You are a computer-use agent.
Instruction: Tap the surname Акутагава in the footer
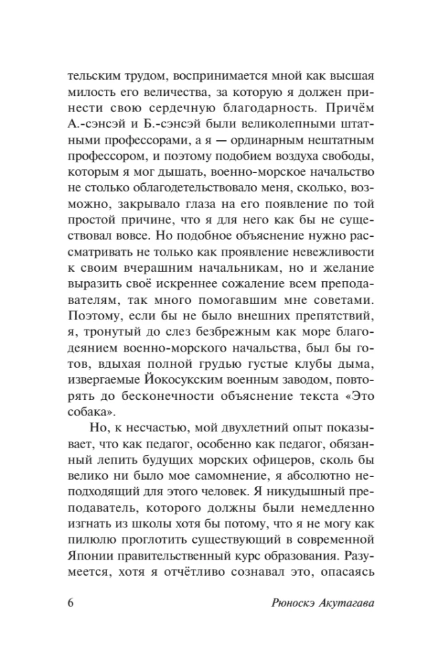tap(336, 601)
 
